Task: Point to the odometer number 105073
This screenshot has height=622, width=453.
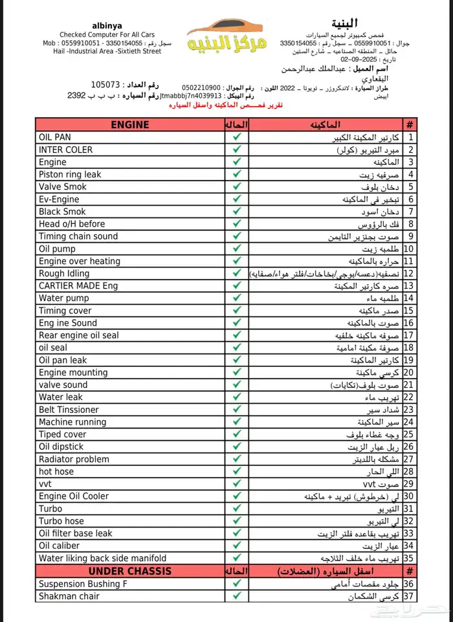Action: tap(106, 85)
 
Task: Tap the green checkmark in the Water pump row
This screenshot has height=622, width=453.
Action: tap(237, 298)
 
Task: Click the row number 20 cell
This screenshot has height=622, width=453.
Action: tap(409, 373)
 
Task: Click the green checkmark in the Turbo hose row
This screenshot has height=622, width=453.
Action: tap(237, 521)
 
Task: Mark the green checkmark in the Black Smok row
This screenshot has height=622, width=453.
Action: tap(237, 212)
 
